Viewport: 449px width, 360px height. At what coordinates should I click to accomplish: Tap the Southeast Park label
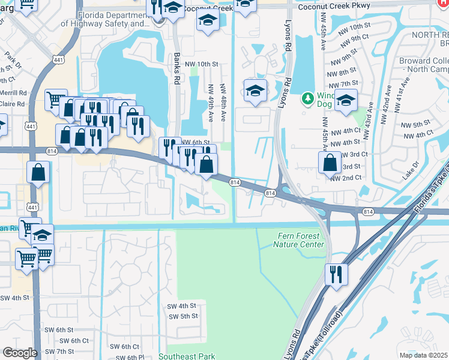click(x=187, y=356)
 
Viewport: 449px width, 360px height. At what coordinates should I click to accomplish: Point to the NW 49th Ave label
click(x=211, y=104)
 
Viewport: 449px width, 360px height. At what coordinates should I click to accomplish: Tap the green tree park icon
click(x=308, y=97)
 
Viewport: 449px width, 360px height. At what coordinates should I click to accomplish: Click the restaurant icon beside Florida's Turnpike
click(x=336, y=274)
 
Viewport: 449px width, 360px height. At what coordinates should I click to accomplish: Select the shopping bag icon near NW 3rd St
click(x=330, y=162)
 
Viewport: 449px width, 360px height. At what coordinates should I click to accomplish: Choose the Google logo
click(x=20, y=353)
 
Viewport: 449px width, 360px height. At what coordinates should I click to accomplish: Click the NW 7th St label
click(x=348, y=83)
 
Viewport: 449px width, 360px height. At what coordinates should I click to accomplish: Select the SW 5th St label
click(x=183, y=316)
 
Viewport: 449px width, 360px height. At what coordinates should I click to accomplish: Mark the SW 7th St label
click(x=59, y=351)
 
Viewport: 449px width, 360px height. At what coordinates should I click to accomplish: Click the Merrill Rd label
click(x=13, y=93)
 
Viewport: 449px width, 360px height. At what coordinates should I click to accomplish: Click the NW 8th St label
click(x=348, y=72)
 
